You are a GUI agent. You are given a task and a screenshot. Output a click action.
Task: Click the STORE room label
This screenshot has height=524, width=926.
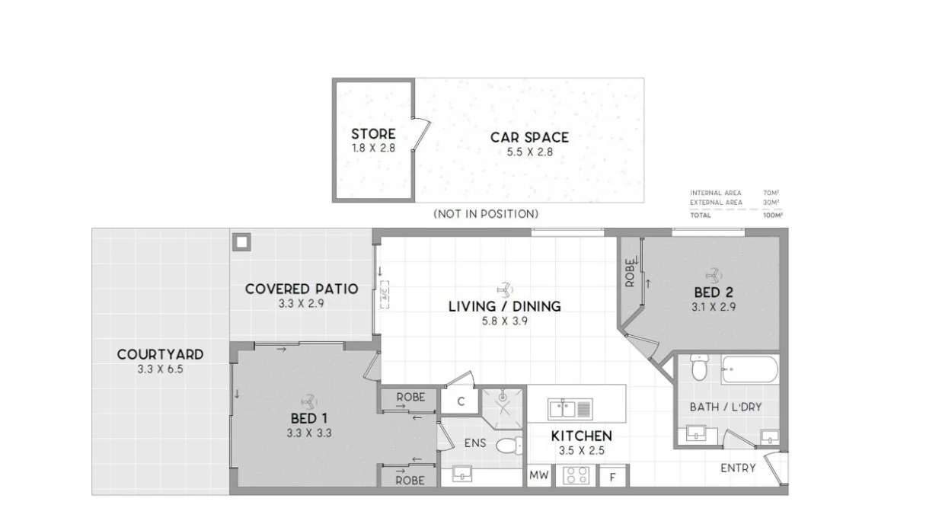coord(373,134)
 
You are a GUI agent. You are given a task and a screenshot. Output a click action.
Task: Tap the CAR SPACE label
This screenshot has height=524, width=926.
coord(529,137)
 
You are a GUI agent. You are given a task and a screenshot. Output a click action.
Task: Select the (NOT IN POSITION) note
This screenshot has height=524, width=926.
coord(486,214)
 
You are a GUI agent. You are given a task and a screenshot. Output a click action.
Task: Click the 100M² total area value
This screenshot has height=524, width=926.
coord(772,216)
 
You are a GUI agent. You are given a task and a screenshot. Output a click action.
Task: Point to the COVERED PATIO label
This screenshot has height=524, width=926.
coord(302,289)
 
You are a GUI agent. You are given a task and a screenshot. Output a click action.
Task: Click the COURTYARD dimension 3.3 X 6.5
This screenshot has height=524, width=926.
coord(160,369)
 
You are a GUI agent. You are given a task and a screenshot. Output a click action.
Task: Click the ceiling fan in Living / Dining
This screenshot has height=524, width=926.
coord(504,289)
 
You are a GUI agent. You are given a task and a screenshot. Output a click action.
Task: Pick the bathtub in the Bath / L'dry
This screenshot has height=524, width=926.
coord(749,371)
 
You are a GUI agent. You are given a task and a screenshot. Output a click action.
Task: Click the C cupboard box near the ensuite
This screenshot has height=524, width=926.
coord(461,401)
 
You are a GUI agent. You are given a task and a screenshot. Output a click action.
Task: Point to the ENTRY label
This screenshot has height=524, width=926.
coord(738,468)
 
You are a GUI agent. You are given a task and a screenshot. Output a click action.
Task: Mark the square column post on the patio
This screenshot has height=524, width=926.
coord(241,242)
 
